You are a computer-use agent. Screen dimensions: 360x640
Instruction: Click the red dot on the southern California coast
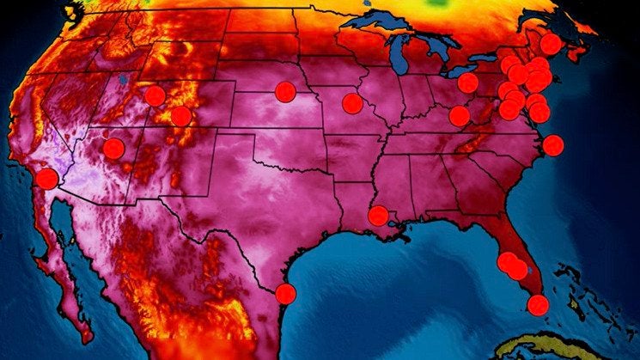47,179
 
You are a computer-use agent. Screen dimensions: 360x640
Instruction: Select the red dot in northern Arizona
113,149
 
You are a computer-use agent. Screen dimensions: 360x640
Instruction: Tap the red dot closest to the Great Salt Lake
155,95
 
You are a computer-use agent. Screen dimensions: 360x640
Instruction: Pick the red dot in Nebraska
284,91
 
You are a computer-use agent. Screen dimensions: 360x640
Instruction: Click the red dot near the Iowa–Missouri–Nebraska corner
352,103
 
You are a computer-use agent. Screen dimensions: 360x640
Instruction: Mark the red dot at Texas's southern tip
286,293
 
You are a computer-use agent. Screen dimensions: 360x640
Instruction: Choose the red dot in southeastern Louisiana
378,216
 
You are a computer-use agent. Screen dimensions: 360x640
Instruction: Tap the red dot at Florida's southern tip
538,304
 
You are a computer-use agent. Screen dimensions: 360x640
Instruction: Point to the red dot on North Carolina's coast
553,145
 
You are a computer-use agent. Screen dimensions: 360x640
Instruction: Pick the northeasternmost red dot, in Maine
551,43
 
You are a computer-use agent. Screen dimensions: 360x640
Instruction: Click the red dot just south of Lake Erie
467,82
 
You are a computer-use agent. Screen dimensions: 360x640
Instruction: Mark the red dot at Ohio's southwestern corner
460,115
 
